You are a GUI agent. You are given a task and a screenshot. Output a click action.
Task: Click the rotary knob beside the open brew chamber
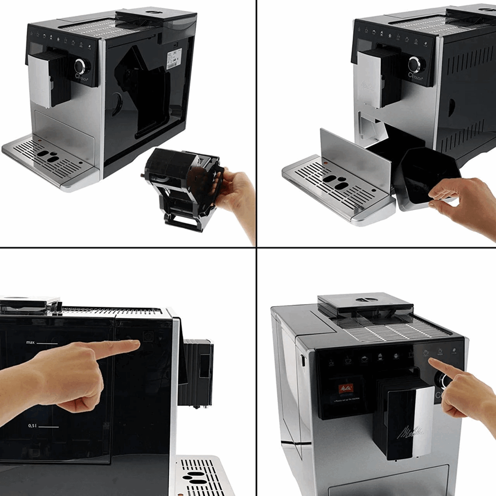click(x=81, y=66)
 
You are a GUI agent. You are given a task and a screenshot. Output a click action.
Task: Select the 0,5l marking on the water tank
click(x=34, y=426)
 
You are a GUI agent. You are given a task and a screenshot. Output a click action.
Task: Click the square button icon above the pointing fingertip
click(x=147, y=336)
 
